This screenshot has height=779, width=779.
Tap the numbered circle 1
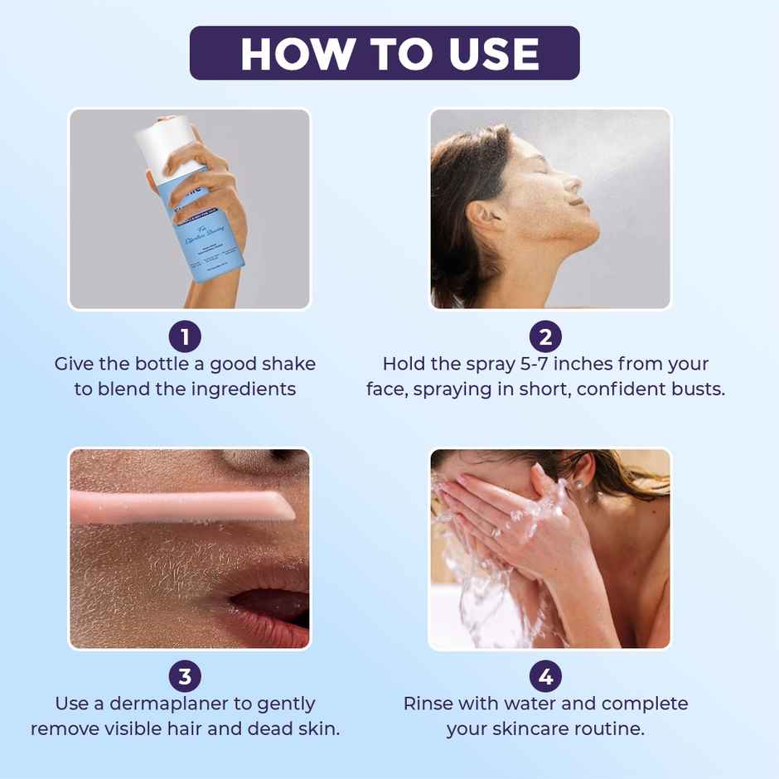(185, 336)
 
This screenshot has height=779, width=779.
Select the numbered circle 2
(545, 336)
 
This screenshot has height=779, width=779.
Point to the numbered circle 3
(185, 676)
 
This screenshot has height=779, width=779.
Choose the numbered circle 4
(545, 676)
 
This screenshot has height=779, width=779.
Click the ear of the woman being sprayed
(478, 218)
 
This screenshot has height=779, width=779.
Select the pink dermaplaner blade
(182, 506)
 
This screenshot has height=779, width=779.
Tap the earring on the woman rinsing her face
(577, 484)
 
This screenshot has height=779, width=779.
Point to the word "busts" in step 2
(694, 389)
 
